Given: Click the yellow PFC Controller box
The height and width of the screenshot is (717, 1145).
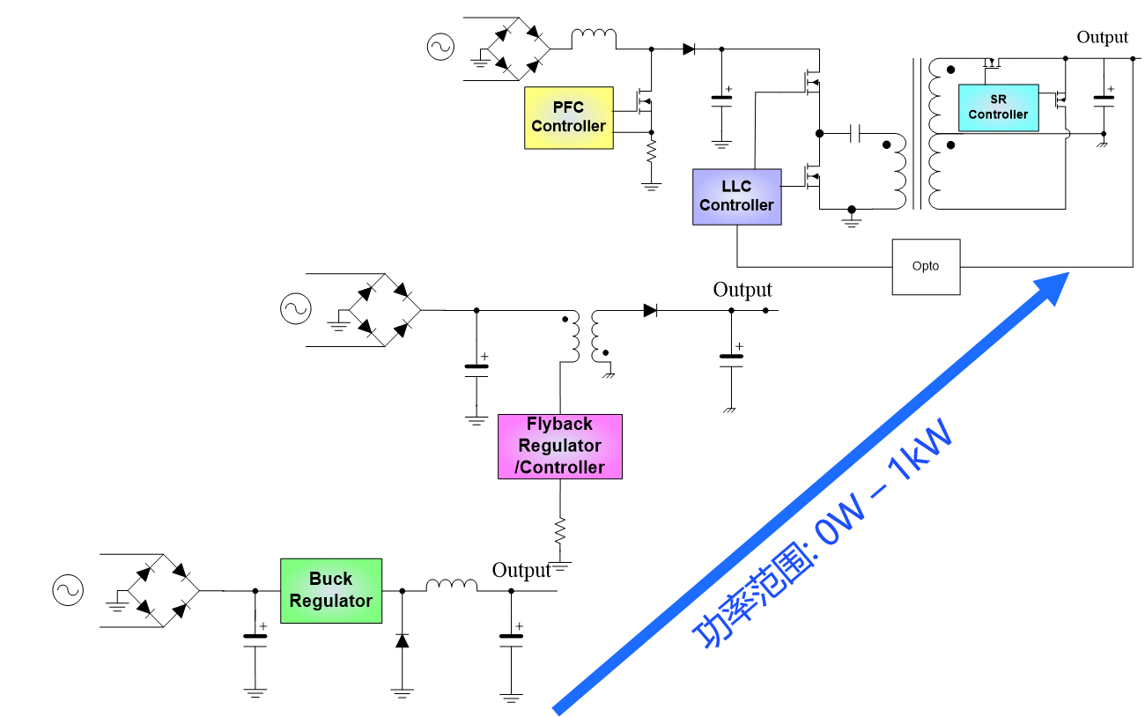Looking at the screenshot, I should tap(568, 117).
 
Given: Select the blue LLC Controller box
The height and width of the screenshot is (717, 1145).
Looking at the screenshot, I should tap(736, 196).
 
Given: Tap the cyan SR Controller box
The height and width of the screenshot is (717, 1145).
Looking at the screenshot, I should tap(998, 107).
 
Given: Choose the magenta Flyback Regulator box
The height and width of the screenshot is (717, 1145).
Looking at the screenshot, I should tap(559, 447).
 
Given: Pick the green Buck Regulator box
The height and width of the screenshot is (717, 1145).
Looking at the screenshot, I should tap(330, 590).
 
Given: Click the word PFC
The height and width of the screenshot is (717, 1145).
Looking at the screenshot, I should tap(568, 107).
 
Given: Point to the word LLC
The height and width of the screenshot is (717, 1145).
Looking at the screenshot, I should tap(736, 187).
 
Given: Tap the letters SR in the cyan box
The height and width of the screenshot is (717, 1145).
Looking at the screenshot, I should tap(998, 100).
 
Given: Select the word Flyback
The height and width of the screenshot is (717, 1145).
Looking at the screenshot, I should tap(559, 425).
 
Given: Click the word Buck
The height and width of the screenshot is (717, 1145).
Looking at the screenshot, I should tap(330, 579).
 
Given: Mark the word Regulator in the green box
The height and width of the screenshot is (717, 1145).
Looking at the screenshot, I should tap(330, 601).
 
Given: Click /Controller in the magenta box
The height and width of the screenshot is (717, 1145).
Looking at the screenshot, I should tap(559, 468).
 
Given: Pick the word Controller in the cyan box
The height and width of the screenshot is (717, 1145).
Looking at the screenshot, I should tap(998, 115).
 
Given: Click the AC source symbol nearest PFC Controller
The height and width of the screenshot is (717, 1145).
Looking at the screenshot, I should tap(440, 47).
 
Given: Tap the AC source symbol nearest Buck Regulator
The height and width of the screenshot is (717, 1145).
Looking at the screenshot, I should tap(68, 590).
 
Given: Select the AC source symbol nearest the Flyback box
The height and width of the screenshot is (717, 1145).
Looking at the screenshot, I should tap(296, 308).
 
